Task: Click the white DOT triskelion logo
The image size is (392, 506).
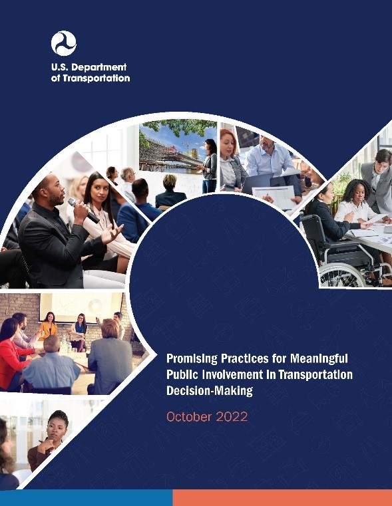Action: coord(63,43)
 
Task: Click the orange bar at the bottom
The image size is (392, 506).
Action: coord(282,497)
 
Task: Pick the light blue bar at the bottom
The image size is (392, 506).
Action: coord(86,497)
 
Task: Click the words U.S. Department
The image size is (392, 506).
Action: coord(89,67)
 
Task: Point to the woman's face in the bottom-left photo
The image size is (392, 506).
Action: coord(57,426)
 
